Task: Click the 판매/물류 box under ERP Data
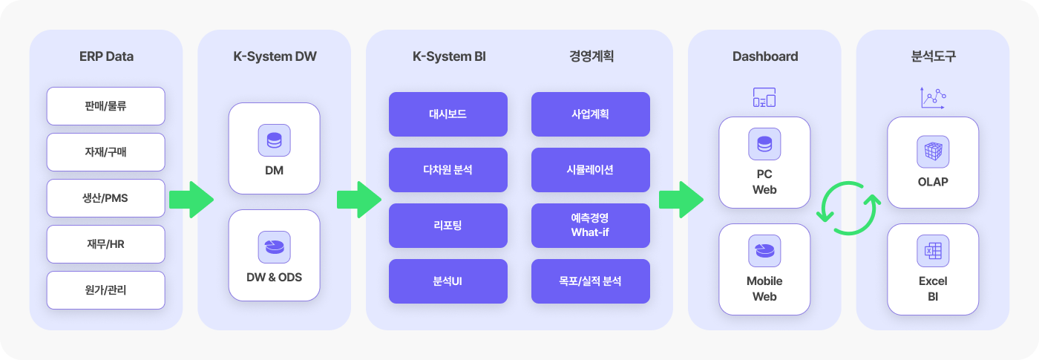pyautogui.click(x=105, y=105)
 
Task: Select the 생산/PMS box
pyautogui.click(x=105, y=198)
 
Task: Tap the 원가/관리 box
pyautogui.click(x=105, y=290)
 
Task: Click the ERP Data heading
pyautogui.click(x=106, y=56)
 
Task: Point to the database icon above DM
pyautogui.click(x=274, y=140)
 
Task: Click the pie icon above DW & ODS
pyautogui.click(x=274, y=246)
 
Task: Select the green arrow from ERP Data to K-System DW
pyautogui.click(x=191, y=200)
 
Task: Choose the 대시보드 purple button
pyautogui.click(x=448, y=114)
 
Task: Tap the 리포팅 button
pyautogui.click(x=448, y=226)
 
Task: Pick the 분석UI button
pyautogui.click(x=448, y=281)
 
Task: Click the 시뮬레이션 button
pyautogui.click(x=591, y=170)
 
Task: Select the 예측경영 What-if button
pyautogui.click(x=591, y=226)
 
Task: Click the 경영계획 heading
pyautogui.click(x=591, y=56)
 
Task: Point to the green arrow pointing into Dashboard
pyautogui.click(x=681, y=200)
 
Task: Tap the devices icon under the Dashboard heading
pyautogui.click(x=764, y=97)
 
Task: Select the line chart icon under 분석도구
pyautogui.click(x=934, y=97)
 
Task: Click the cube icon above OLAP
pyautogui.click(x=933, y=151)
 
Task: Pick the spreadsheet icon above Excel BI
pyautogui.click(x=933, y=251)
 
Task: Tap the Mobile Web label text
pyautogui.click(x=764, y=289)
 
